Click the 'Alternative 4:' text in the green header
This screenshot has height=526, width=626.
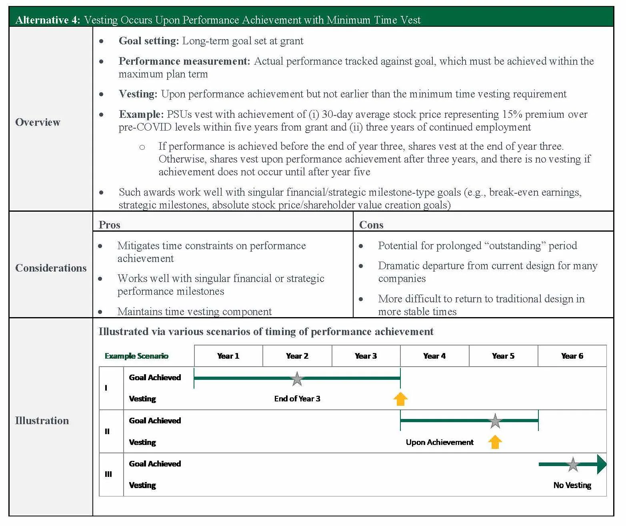pyautogui.click(x=48, y=20)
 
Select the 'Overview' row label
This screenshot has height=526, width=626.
pyautogui.click(x=38, y=122)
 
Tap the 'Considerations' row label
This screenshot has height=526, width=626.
pyautogui.click(x=51, y=268)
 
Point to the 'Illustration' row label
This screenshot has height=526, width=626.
pyautogui.click(x=42, y=421)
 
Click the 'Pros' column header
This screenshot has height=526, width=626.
pyautogui.click(x=109, y=225)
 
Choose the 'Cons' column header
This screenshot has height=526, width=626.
pyautogui.click(x=371, y=225)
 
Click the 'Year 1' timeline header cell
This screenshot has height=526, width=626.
pyautogui.click(x=228, y=356)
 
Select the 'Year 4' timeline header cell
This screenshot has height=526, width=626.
pyautogui.click(x=434, y=356)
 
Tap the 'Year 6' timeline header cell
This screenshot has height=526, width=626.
pyautogui.click(x=572, y=356)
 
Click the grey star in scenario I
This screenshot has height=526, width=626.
pyautogui.click(x=297, y=379)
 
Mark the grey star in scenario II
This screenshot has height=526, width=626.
pyautogui.click(x=495, y=421)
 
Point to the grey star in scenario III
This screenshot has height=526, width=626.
pyautogui.click(x=573, y=464)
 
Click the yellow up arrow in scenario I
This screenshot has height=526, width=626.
pyautogui.click(x=400, y=399)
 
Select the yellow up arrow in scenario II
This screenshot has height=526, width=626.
pyautogui.click(x=495, y=442)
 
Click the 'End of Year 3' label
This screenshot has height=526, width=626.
pyautogui.click(x=297, y=399)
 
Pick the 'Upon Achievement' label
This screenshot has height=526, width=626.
pyautogui.click(x=440, y=442)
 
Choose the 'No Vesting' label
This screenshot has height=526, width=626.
pyautogui.click(x=572, y=485)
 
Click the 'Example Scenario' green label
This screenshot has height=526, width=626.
pyautogui.click(x=136, y=356)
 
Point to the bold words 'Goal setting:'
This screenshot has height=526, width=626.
pyautogui.click(x=148, y=41)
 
